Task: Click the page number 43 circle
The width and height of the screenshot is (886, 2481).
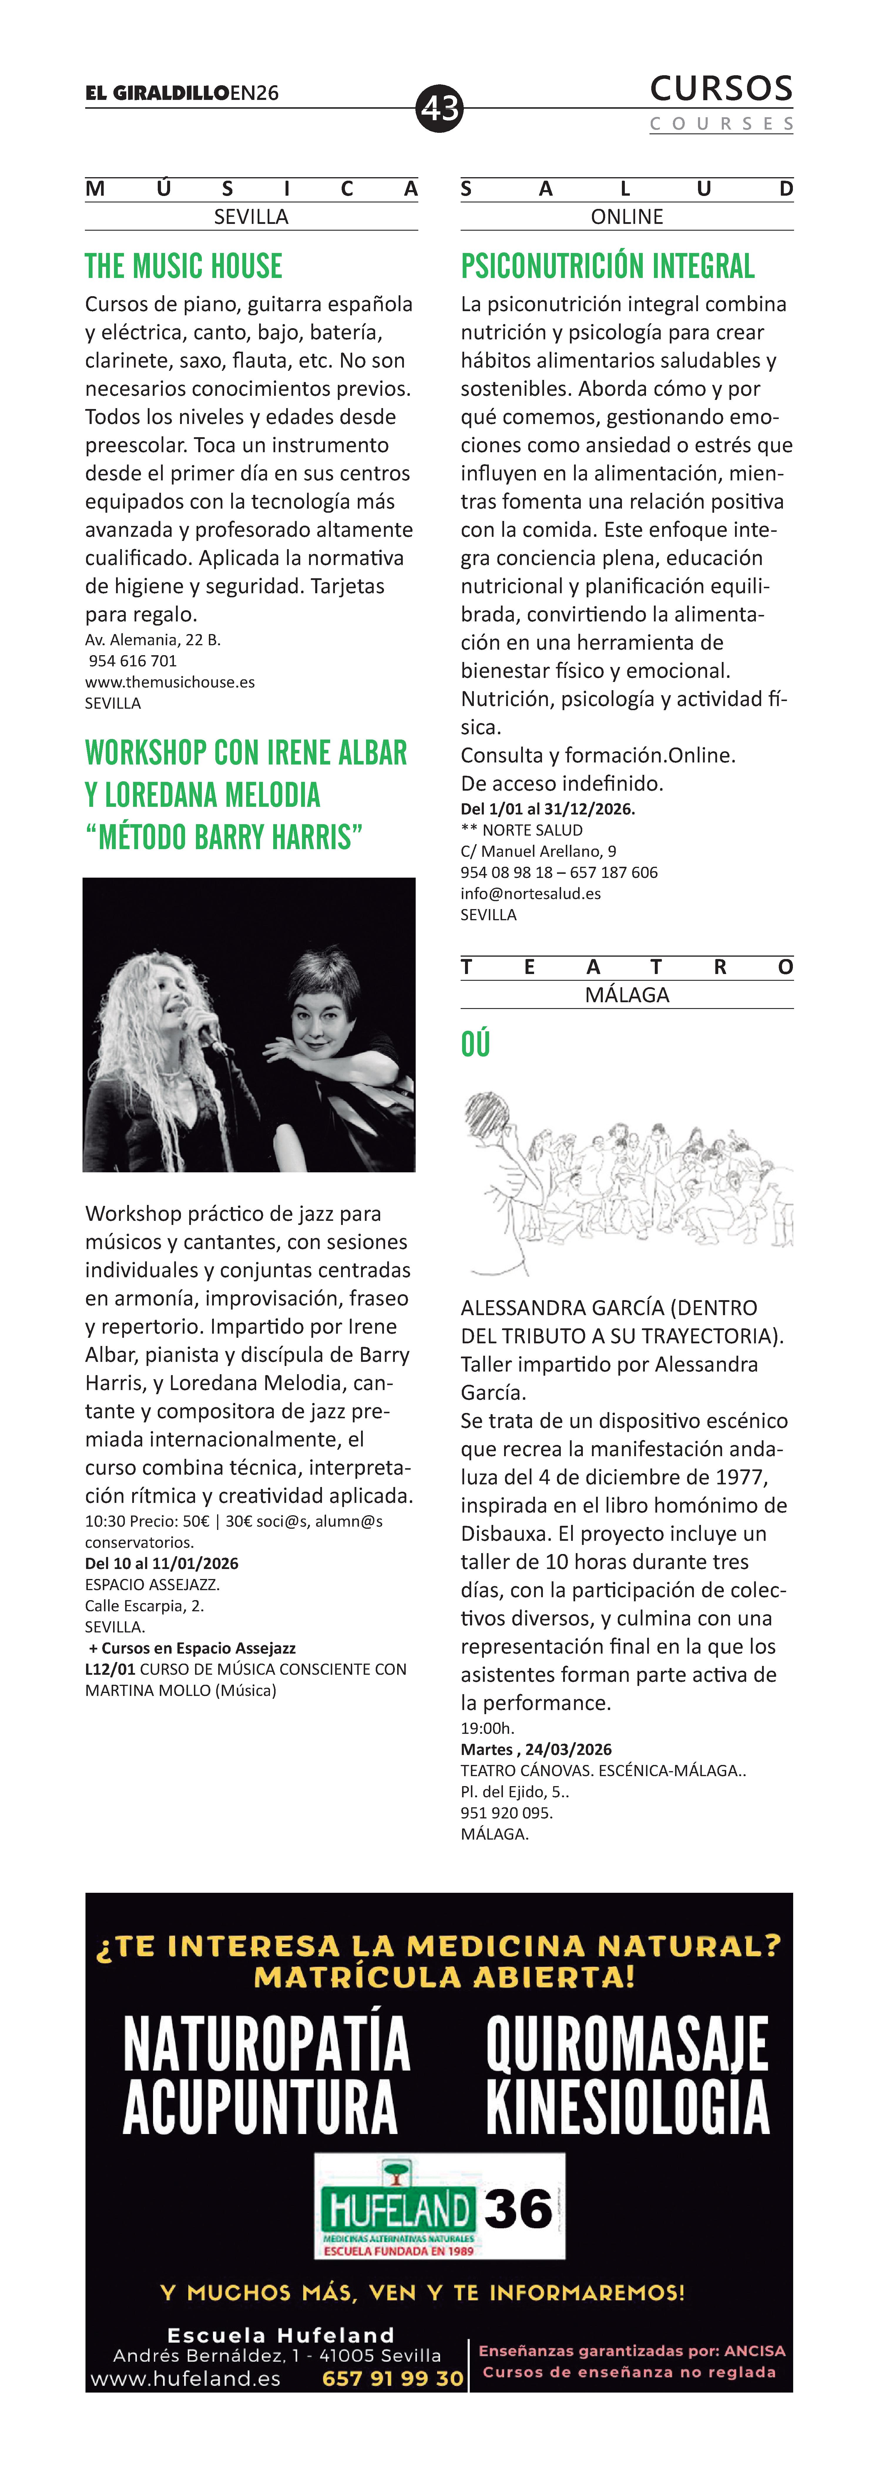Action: coord(440,108)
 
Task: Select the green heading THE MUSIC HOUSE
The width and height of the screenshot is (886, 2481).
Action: coord(184,266)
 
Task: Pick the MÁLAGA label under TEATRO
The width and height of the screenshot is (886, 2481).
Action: coord(627,995)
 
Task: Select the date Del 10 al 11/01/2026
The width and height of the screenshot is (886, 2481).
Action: coord(162,1563)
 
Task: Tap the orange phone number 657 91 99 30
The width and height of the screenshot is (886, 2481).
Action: coord(392,2378)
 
